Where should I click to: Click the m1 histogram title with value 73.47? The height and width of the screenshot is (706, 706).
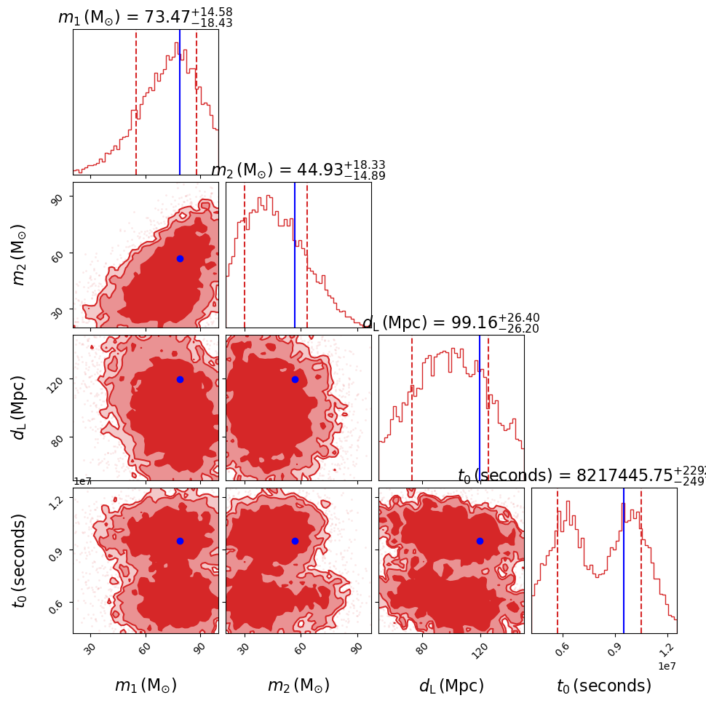coord(145,17)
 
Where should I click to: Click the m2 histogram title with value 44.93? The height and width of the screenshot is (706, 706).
coord(298,170)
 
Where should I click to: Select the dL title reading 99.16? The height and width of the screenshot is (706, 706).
coord(451,323)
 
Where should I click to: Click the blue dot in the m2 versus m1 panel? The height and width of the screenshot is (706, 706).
coord(180,258)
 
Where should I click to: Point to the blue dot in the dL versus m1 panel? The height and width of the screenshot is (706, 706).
coord(180,379)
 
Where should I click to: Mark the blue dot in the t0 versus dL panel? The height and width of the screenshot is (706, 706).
coord(480,541)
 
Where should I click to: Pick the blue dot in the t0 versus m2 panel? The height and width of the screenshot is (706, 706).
coord(295,541)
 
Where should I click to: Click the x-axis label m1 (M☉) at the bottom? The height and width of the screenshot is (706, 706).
coord(146,686)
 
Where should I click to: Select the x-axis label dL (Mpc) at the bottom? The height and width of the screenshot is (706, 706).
coord(451,686)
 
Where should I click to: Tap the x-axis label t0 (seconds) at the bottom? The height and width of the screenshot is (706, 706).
coord(604,686)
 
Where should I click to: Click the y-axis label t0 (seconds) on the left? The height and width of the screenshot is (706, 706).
coord(20,560)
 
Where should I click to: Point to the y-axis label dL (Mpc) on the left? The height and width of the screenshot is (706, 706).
coord(20,408)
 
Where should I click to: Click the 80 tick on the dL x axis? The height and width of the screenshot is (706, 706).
coord(422,648)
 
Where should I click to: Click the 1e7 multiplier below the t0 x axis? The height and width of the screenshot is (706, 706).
coord(667,666)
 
